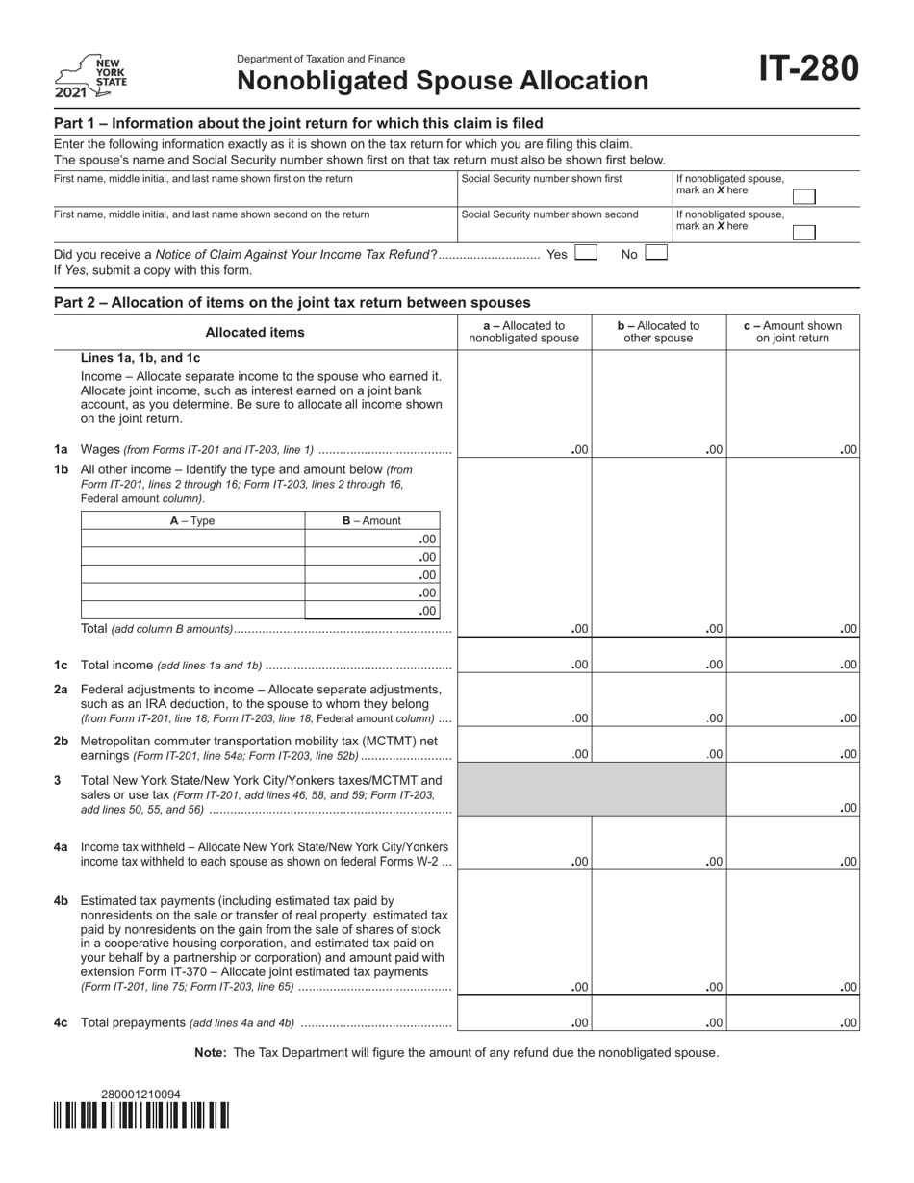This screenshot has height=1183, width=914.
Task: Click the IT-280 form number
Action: coord(808,70)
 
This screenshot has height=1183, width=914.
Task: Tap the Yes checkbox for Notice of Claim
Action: coord(585,254)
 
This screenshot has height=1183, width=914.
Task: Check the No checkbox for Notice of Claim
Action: coord(655,254)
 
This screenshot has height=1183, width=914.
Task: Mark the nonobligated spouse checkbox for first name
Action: coord(803,197)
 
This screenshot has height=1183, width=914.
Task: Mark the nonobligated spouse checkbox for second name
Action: coord(803,233)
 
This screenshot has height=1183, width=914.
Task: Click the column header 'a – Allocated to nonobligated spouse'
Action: coord(523,332)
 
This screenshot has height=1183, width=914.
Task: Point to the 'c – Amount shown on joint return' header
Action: coord(793,332)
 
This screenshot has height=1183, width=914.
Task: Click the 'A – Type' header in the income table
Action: coord(192,521)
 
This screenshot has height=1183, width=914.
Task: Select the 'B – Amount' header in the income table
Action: coord(371,521)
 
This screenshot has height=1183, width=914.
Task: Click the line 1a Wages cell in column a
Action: coord(523,448)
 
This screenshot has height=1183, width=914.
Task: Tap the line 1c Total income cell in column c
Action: coord(793,664)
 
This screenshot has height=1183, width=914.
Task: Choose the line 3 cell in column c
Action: coord(793,806)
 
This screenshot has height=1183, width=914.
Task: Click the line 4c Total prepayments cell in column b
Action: coord(658,1022)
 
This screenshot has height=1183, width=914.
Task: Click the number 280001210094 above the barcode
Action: coord(140,1094)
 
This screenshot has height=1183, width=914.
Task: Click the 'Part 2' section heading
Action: coord(292,302)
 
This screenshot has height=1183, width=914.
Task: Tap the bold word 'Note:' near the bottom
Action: coord(211,1053)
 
